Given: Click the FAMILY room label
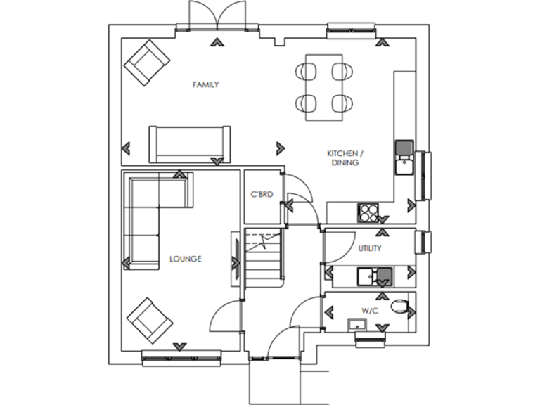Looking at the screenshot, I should [205, 85].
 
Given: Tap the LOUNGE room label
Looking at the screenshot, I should [185, 259].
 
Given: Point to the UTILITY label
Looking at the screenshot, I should [369, 248].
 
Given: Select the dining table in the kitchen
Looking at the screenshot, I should [323, 86].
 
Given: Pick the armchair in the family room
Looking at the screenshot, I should [146, 62].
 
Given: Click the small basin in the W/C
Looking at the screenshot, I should [356, 323].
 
